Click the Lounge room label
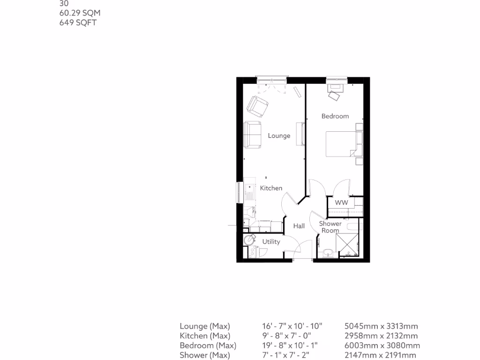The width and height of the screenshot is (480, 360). click(x=279, y=136)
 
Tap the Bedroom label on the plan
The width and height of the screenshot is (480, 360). click(x=335, y=116)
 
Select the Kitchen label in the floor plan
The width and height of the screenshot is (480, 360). click(x=271, y=188)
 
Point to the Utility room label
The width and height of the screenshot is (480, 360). click(x=271, y=242)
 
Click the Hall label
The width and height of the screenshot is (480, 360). click(x=299, y=226)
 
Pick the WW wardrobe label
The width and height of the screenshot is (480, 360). click(x=341, y=202)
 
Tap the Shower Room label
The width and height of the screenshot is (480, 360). click(x=330, y=227)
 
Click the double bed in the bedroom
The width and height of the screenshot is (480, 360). click(x=342, y=144)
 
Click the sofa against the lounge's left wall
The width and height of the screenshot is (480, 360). click(x=253, y=134)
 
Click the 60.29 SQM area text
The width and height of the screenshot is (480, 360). click(x=80, y=13)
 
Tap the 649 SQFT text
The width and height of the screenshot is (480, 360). click(x=78, y=22)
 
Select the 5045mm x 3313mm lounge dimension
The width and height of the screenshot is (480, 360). click(x=381, y=326)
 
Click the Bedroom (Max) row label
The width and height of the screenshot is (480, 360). click(x=208, y=345)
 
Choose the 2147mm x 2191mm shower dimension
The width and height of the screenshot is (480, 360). click(x=380, y=355)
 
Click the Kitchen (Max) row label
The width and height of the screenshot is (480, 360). click(x=205, y=336)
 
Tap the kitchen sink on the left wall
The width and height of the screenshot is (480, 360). click(x=248, y=192)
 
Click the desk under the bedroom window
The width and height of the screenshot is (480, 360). click(x=336, y=87)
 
